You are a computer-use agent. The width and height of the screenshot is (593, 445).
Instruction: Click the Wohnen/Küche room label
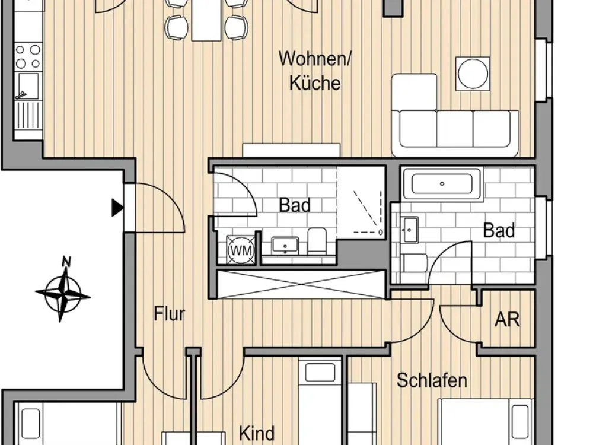coord(315,71)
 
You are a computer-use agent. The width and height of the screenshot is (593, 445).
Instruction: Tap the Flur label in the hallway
coord(170,314)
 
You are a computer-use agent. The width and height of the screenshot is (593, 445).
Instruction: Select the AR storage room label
coord(507,320)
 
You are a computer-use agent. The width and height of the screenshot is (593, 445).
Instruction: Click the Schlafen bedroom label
coord(432,380)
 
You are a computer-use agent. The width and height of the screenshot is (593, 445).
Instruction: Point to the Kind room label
coord(257,433)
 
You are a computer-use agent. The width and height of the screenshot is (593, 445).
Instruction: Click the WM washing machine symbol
coord(241,250)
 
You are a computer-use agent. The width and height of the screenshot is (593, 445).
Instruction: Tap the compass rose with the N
coord(63,290)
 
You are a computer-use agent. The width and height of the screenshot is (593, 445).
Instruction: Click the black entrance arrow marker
coord(117,207)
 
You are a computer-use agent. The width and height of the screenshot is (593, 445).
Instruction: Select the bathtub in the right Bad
coord(442,185)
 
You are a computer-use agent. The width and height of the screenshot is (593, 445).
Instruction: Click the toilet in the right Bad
coord(415,263)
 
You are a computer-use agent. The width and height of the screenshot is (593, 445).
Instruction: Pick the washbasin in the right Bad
coord(410,230)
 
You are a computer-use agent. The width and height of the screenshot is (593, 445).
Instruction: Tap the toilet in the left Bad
coord(317,241)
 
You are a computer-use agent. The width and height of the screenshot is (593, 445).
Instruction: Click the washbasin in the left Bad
coord(285,246)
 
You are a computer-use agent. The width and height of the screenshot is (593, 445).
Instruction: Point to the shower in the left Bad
coord(361,202)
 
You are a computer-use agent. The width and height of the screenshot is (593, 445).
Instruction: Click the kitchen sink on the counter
coord(27,87)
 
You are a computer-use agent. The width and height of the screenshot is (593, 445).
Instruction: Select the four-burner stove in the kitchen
coord(28,56)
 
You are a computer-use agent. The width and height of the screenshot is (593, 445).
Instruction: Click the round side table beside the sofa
coord(473,74)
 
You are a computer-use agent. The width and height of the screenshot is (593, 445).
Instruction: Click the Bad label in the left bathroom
coord(295,205)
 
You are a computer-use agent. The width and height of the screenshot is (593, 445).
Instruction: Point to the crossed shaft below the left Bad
coord(300,284)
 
